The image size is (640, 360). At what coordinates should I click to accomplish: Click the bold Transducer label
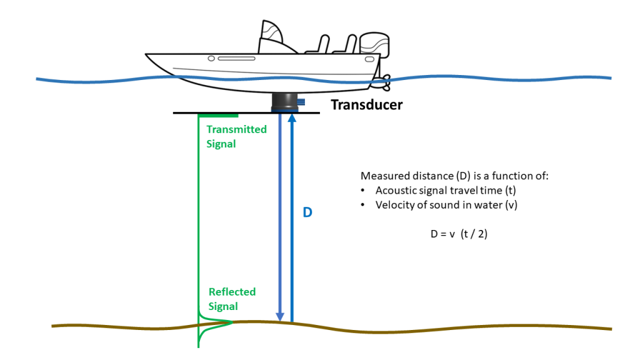click(366, 105)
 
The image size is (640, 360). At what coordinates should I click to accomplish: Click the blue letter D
click(307, 212)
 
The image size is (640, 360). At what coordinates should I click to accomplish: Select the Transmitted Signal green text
click(236, 136)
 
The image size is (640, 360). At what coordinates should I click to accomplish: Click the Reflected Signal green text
click(232, 299)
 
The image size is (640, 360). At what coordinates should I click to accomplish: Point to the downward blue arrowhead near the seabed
click(281, 316)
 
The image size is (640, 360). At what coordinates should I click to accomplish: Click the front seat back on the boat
click(321, 44)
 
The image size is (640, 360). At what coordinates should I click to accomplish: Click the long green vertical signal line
click(198, 219)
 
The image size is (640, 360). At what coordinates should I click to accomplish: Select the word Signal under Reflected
click(223, 306)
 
